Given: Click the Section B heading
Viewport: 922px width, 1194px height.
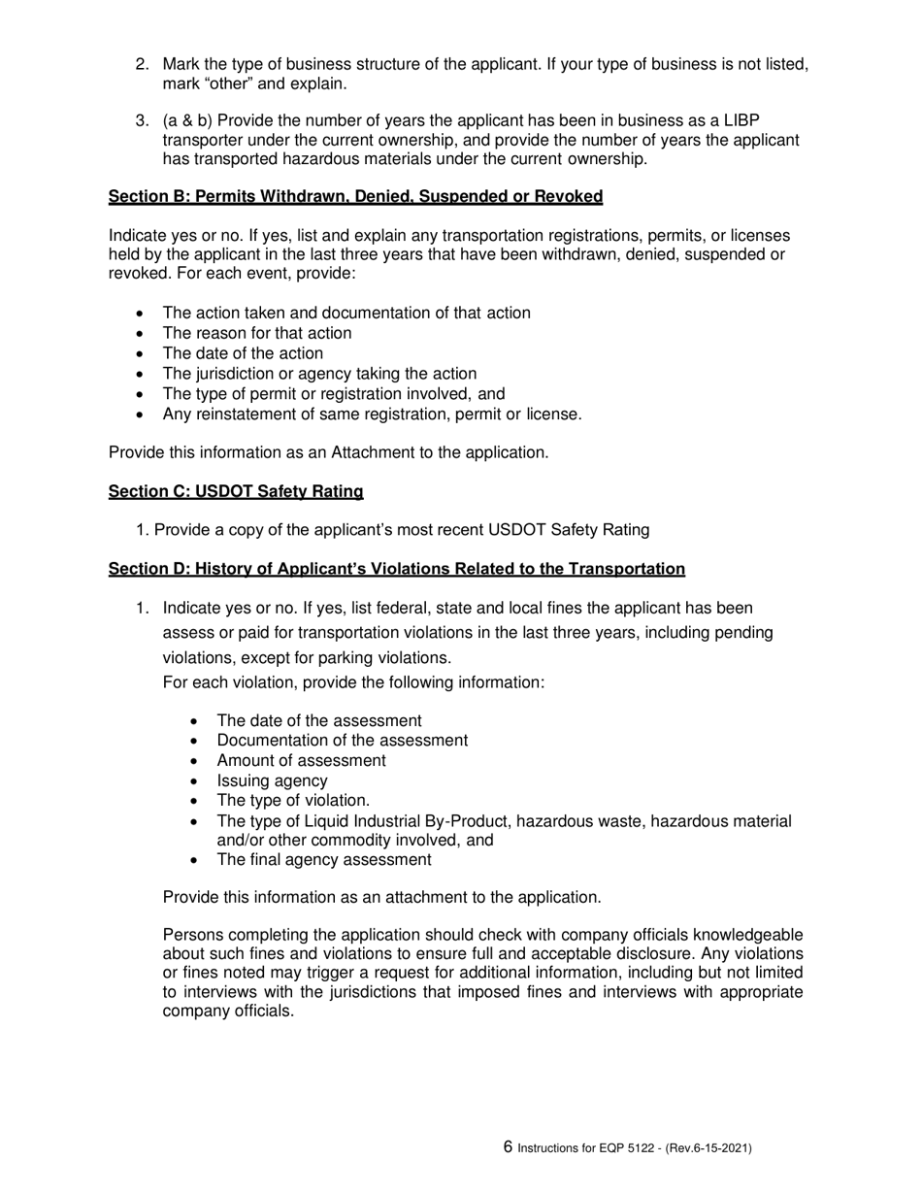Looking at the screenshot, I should pyautogui.click(x=355, y=197).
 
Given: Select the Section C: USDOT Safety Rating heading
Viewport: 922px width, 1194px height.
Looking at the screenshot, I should pyautogui.click(x=236, y=492).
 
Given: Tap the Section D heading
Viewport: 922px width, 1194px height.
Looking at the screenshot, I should pyautogui.click(x=396, y=569).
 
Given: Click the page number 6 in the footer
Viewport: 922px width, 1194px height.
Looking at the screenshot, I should pyautogui.click(x=508, y=1147).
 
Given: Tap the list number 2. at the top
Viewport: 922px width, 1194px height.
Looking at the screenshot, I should pyautogui.click(x=142, y=64).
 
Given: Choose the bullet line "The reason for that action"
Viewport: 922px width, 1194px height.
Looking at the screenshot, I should pyautogui.click(x=257, y=333).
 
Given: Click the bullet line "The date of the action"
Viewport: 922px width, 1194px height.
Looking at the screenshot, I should pyautogui.click(x=243, y=353).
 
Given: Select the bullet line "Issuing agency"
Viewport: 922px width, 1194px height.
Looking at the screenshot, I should pyautogui.click(x=272, y=780).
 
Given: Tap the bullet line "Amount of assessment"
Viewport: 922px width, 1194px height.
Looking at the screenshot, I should pyautogui.click(x=301, y=760).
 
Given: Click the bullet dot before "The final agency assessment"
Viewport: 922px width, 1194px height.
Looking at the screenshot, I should pyautogui.click(x=197, y=861).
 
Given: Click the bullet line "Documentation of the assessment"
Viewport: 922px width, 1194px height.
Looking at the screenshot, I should pyautogui.click(x=342, y=741).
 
